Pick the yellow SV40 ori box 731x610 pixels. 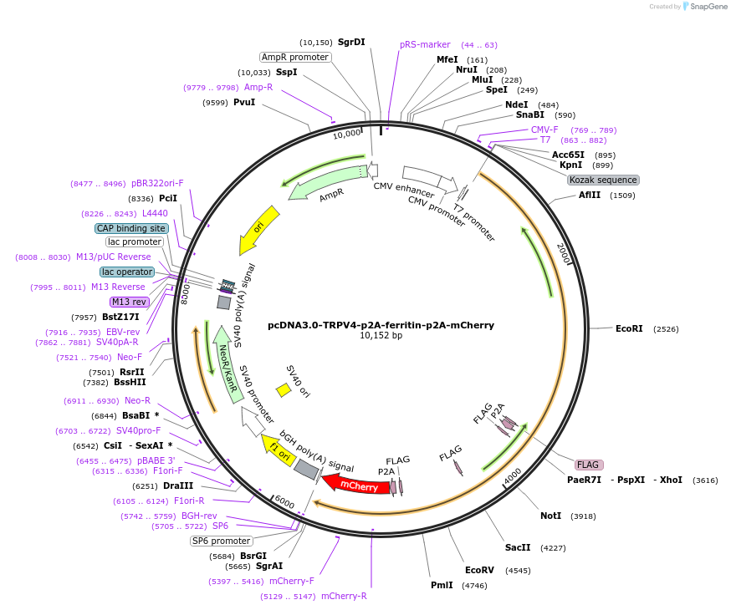coord(284,389)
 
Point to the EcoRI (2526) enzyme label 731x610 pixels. coord(629,329)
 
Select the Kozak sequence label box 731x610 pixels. coord(603,180)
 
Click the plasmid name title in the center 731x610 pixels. coord(381,325)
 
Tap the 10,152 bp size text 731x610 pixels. coord(381,336)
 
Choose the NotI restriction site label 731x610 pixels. coord(550,516)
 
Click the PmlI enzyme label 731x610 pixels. coord(442,585)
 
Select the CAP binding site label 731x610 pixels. coord(131,228)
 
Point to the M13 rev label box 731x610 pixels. coord(128,302)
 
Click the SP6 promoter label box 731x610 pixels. coord(221,541)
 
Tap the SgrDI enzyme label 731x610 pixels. coord(351,42)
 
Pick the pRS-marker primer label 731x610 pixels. coord(425,44)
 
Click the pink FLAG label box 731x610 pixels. coord(588,465)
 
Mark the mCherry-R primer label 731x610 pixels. coord(344,596)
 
